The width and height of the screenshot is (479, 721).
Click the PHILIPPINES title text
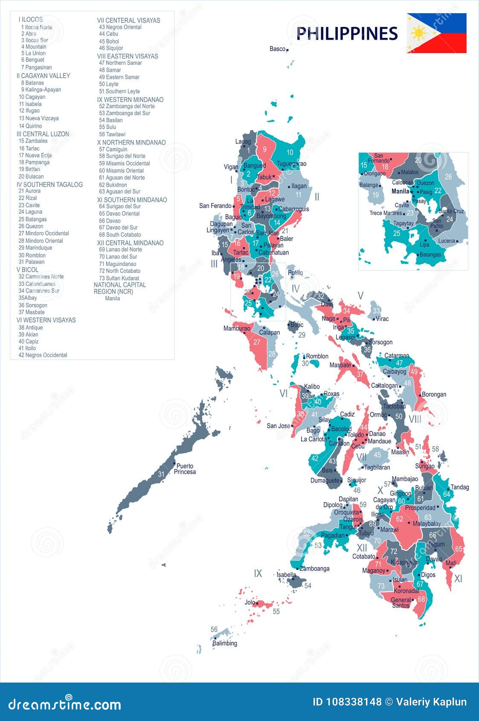click(x=346, y=34)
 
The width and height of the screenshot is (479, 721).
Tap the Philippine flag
click(x=436, y=33)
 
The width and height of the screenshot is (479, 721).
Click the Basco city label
click(x=277, y=49)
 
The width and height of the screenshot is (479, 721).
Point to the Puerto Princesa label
click(x=185, y=469)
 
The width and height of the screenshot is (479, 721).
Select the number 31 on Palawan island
click(x=161, y=474)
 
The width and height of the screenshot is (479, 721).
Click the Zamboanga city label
click(x=315, y=568)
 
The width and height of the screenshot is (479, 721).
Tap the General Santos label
click(x=401, y=602)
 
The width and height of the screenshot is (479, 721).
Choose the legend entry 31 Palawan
click(x=32, y=262)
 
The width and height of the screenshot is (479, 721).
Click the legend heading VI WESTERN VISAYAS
click(x=46, y=320)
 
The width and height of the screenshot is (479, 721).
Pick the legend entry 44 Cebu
click(x=108, y=34)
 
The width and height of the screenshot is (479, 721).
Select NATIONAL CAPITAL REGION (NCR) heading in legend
click(x=120, y=288)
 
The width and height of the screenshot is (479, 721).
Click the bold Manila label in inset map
click(x=400, y=192)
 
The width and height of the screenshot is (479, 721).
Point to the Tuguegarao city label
click(x=291, y=164)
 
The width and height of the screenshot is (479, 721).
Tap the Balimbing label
click(x=225, y=643)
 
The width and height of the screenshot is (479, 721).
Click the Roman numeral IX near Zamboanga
click(x=258, y=573)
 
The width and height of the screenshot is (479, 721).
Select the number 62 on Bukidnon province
click(x=399, y=519)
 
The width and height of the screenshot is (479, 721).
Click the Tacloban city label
click(x=394, y=406)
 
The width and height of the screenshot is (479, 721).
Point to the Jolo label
click(x=250, y=602)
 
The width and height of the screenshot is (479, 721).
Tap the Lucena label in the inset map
click(x=447, y=241)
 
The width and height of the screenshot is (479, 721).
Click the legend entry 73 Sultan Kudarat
click(x=119, y=278)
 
